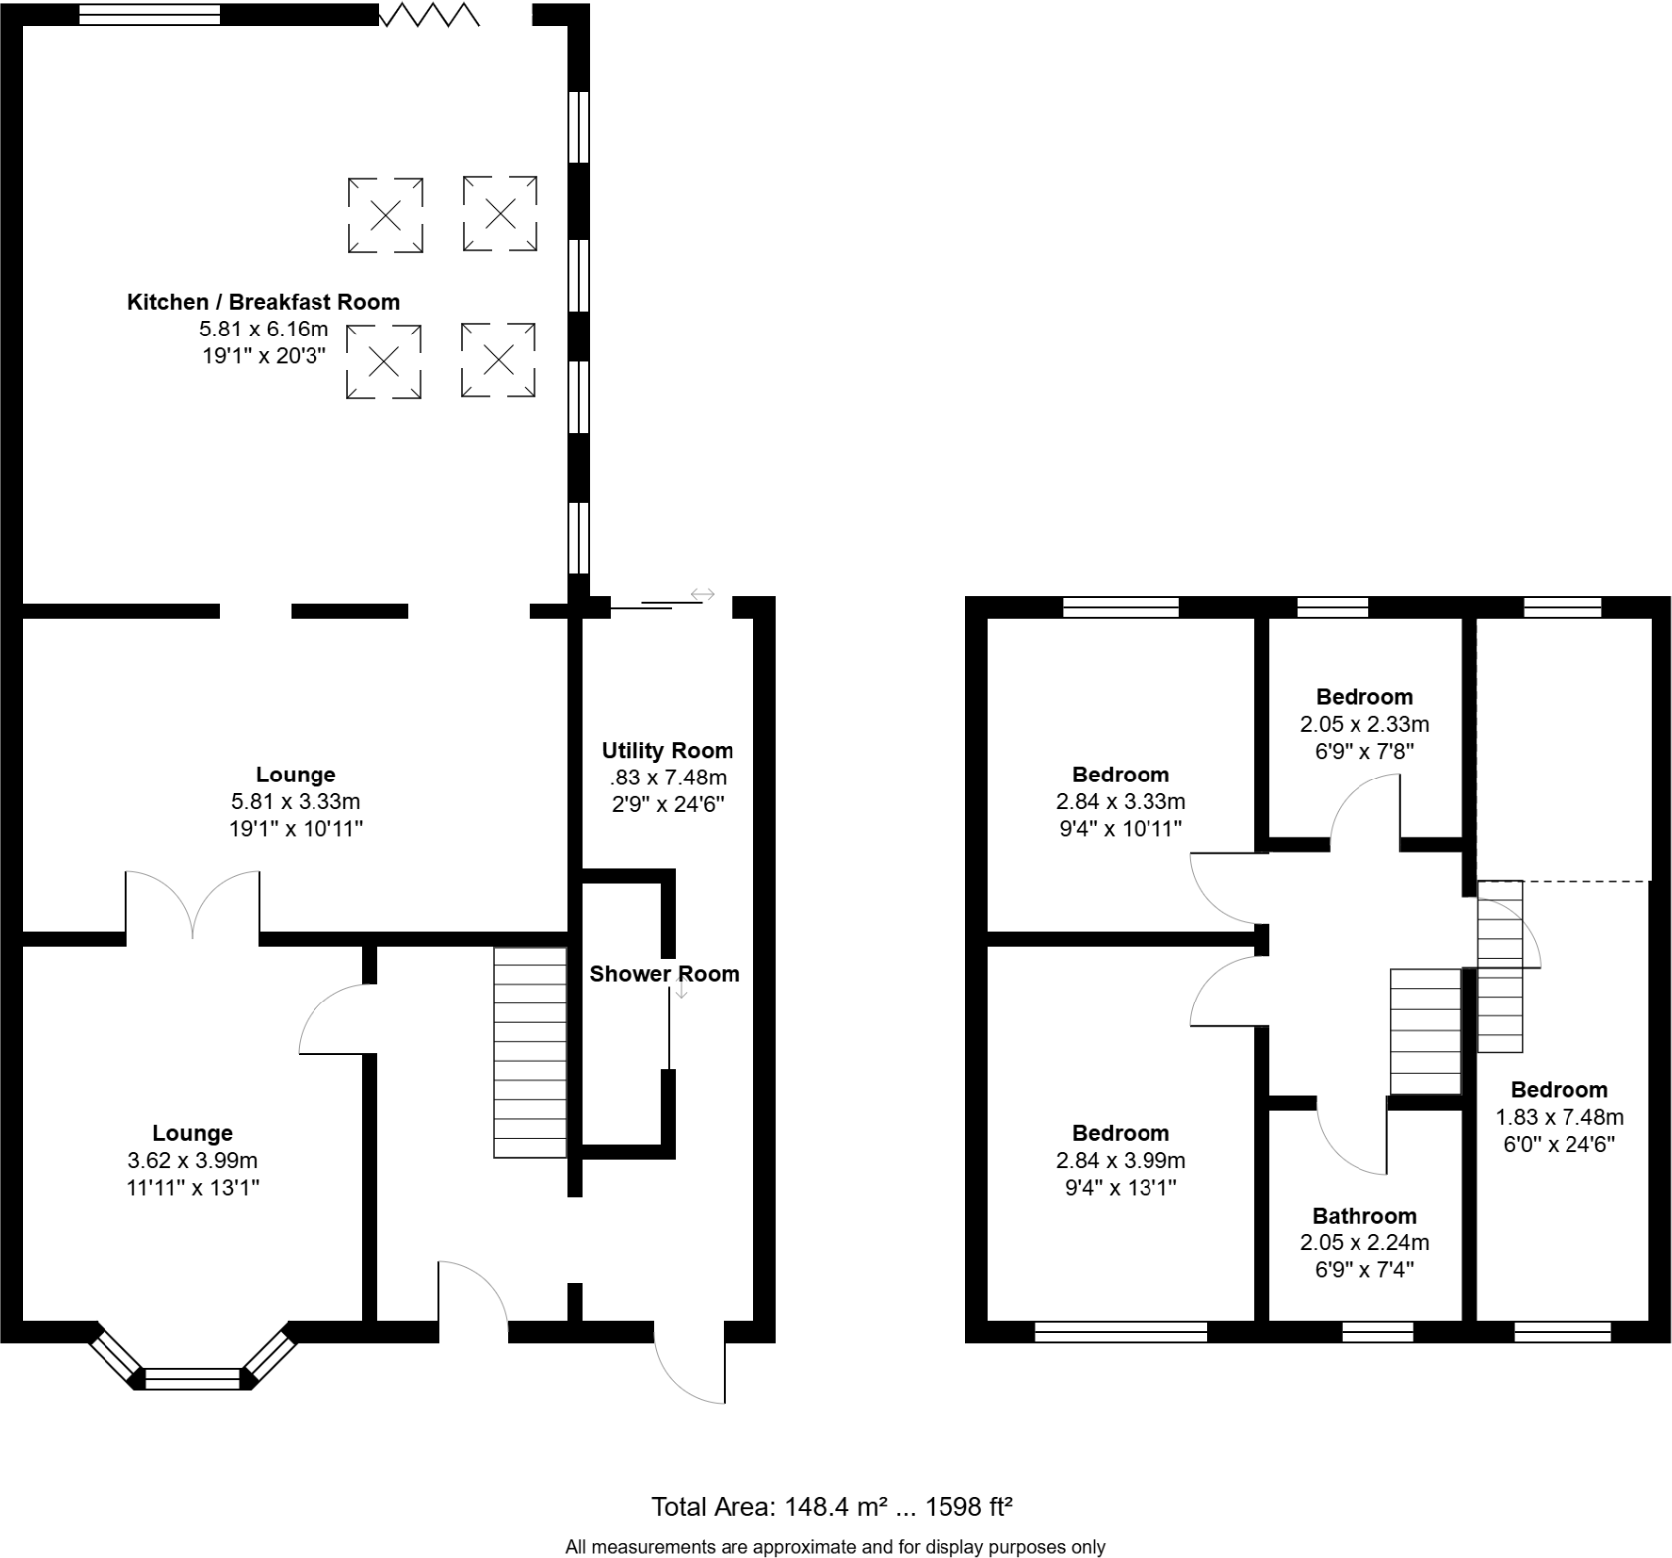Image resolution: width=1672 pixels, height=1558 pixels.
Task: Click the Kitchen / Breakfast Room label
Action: click(x=263, y=302)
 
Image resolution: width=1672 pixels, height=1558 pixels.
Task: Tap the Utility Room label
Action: click(x=667, y=751)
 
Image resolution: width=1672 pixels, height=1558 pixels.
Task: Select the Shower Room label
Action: click(x=664, y=974)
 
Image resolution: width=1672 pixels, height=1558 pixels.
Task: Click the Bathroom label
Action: click(x=1363, y=1216)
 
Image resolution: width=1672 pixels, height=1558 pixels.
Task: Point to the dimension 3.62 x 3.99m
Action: click(x=192, y=1160)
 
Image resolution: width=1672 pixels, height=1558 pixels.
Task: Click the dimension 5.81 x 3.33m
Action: click(x=295, y=801)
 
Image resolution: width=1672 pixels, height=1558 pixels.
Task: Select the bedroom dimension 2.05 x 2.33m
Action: click(x=1363, y=724)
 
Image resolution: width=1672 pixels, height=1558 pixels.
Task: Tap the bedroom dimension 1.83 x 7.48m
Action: click(x=1559, y=1117)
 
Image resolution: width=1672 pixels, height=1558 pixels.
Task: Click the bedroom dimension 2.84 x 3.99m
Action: click(x=1120, y=1160)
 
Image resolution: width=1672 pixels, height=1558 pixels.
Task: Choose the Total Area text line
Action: click(x=831, y=1507)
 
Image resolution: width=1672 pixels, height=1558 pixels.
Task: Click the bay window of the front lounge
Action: click(x=193, y=1378)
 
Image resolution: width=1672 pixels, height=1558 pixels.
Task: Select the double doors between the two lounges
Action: click(x=193, y=904)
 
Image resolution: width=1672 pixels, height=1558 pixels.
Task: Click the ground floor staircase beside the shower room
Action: click(x=530, y=1052)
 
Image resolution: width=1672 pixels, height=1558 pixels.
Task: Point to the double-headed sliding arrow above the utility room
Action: click(x=702, y=595)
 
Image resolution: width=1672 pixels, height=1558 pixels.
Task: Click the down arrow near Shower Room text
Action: click(x=682, y=991)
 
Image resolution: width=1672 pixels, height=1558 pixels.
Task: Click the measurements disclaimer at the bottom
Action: click(x=835, y=1547)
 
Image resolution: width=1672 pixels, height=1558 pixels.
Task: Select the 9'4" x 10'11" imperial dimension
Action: click(x=1120, y=828)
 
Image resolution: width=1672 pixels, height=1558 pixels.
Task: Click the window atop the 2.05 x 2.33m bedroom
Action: click(x=1333, y=607)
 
